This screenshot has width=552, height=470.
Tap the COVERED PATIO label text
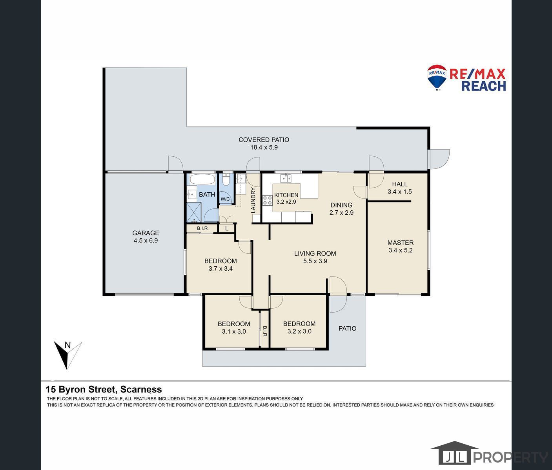[264, 140]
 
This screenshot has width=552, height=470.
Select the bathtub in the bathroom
[202, 179]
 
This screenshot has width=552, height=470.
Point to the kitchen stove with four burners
[267, 200]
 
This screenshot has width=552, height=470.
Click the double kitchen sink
[286, 178]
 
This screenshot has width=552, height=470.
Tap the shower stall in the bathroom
[194, 212]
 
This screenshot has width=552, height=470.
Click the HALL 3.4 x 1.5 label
[399, 188]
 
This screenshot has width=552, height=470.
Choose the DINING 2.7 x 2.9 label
[341, 209]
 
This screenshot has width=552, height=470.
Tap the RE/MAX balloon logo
[437, 77]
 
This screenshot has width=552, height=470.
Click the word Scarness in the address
[141, 389]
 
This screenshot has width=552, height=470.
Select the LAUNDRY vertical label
[253, 200]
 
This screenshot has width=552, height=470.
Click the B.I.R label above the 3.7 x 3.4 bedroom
[202, 228]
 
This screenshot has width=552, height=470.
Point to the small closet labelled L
[227, 228]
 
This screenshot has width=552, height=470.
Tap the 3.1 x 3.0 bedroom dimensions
[234, 331]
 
